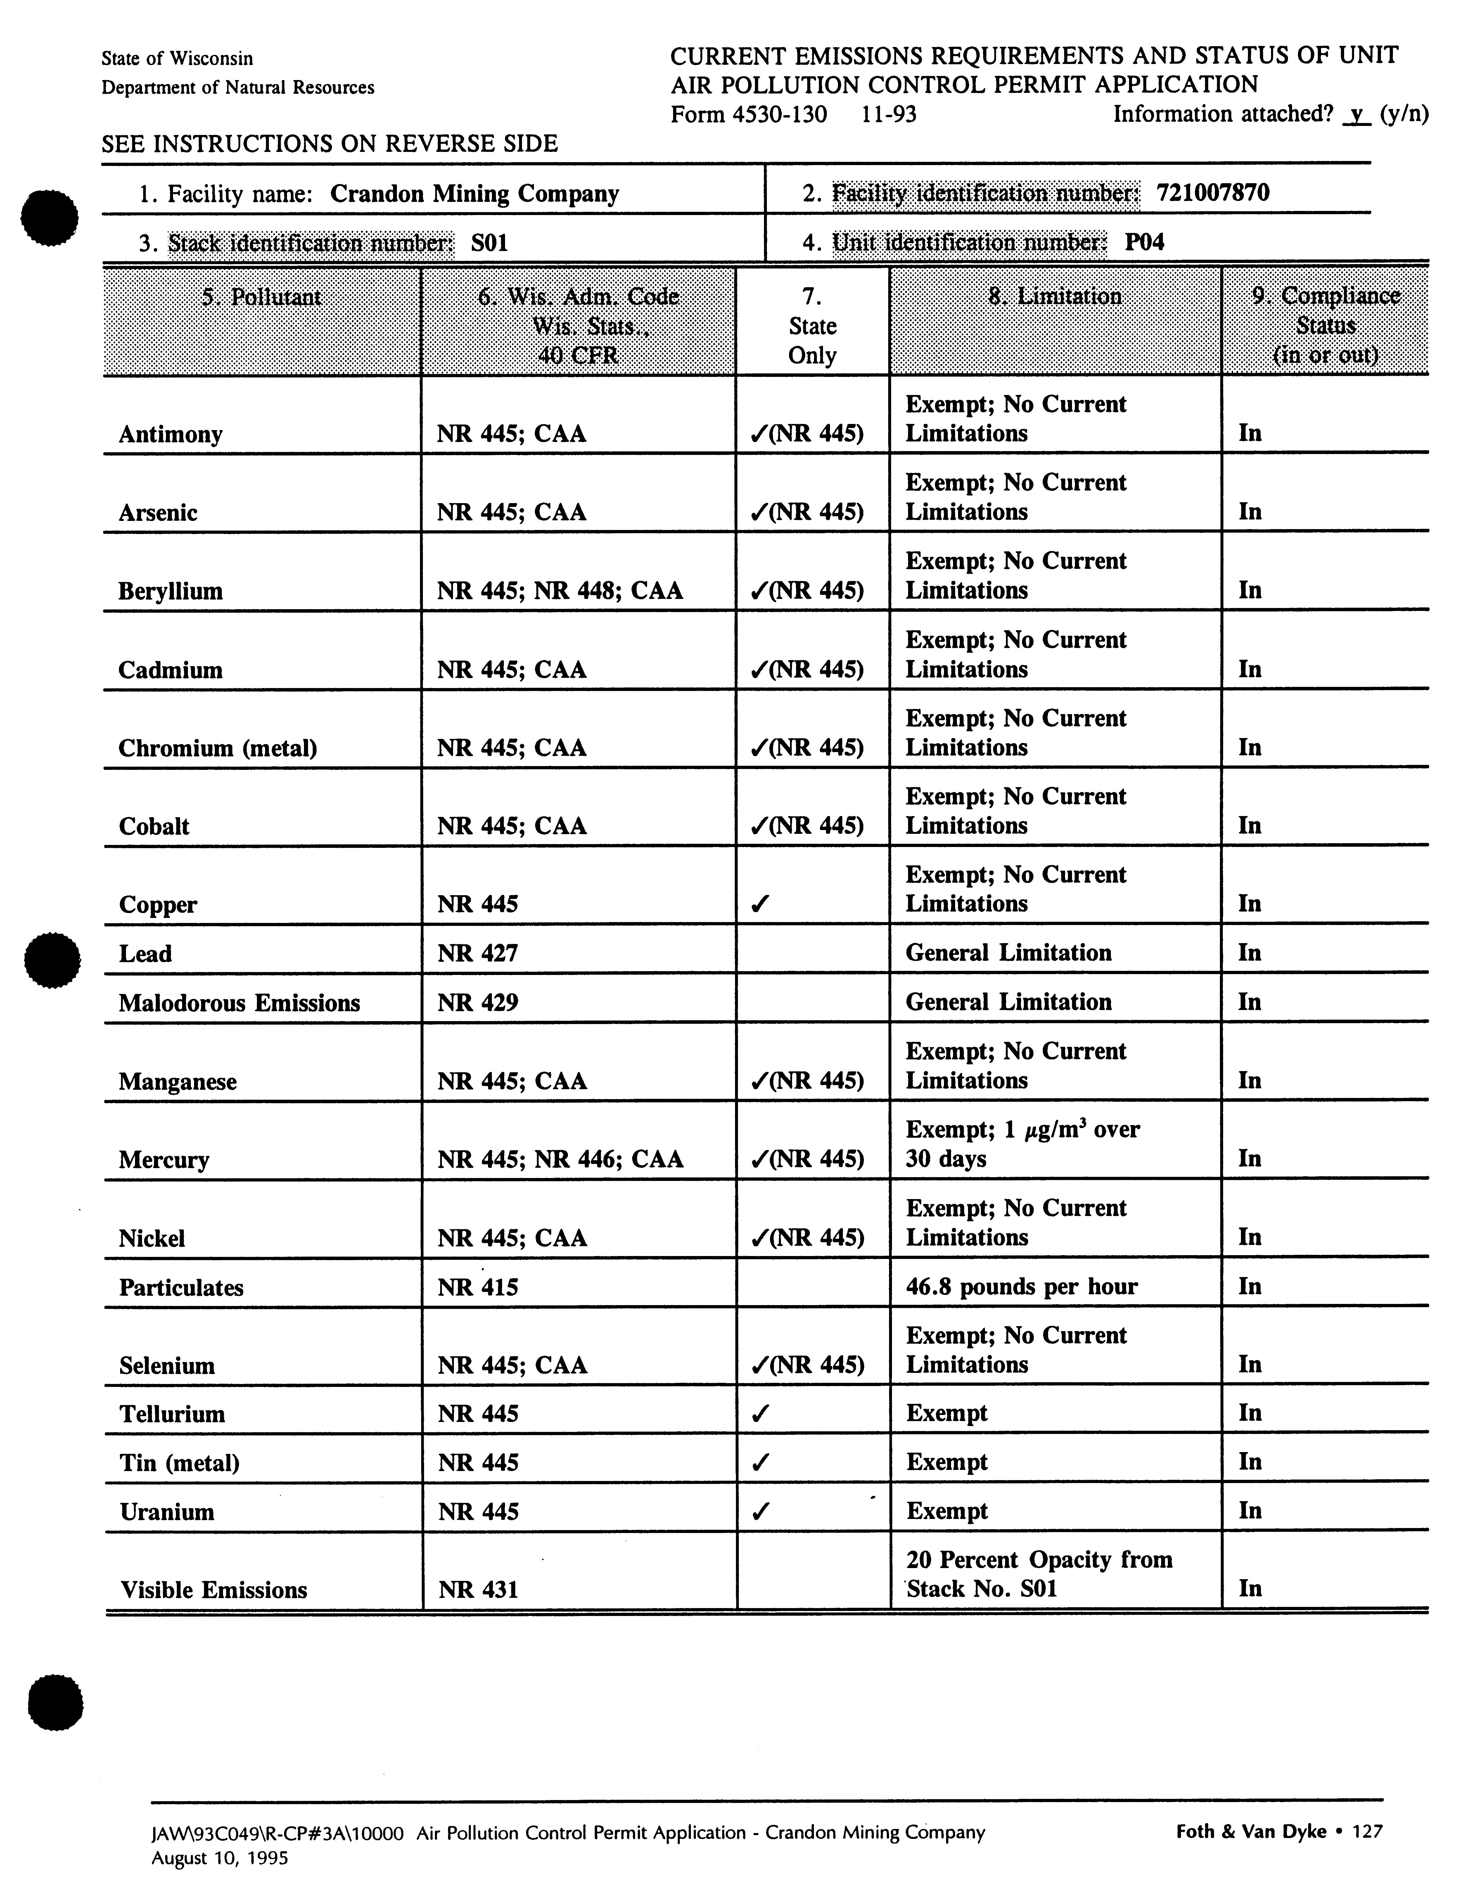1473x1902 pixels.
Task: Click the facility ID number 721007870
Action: click(x=1213, y=193)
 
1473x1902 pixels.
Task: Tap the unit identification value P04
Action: click(x=1144, y=242)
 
